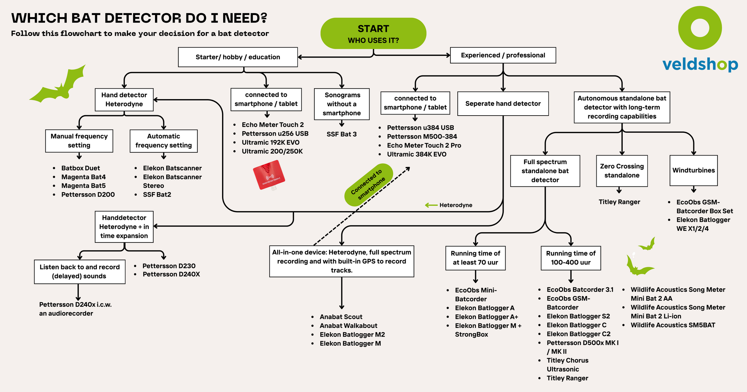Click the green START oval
coord(373,33)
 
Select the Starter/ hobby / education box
coord(238,57)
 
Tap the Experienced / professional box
coord(503,55)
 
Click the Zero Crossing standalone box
coord(622,171)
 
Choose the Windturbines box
coord(693,170)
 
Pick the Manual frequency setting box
coord(79,141)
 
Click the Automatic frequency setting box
coord(163,141)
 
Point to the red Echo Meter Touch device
coord(269,175)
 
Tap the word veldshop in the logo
coord(700,65)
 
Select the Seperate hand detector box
coord(503,104)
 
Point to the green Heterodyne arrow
coord(431,205)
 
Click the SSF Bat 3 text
coord(342,134)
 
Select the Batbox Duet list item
coord(81,168)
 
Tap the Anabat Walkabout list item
coord(348,326)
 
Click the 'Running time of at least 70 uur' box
coord(475,258)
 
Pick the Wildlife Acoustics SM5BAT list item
coord(673,325)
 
